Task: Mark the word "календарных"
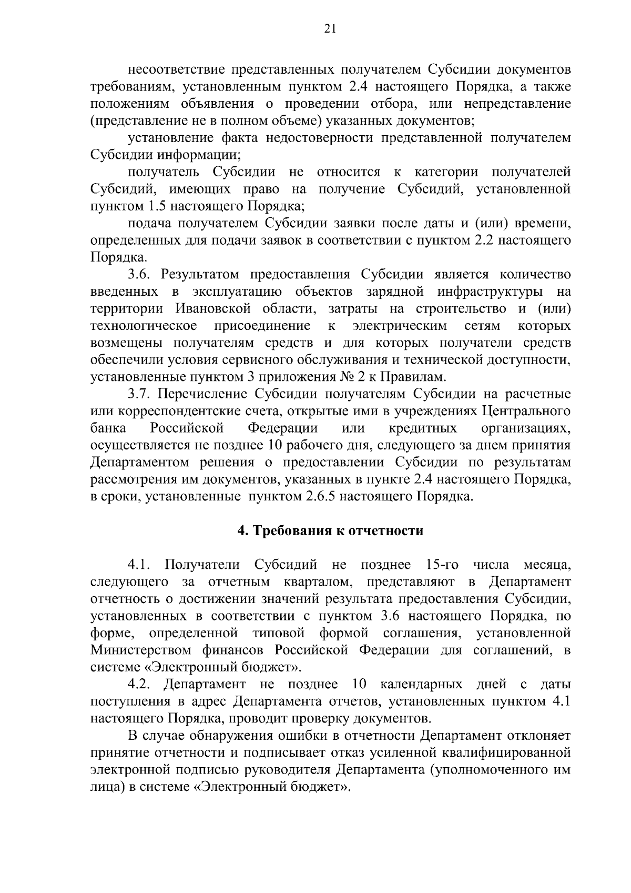(421, 684)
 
